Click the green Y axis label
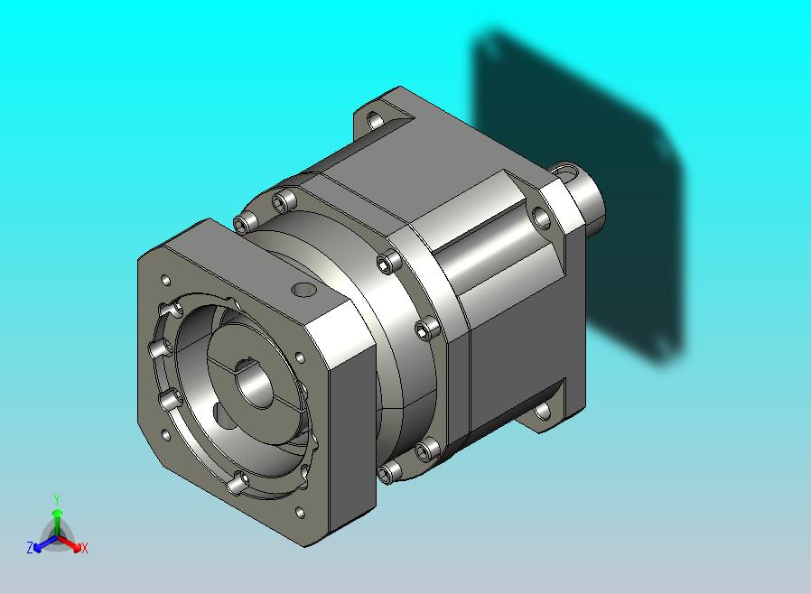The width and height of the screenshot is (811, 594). click(x=57, y=499)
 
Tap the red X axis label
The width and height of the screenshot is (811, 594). click(x=85, y=548)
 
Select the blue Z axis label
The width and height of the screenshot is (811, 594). click(x=30, y=547)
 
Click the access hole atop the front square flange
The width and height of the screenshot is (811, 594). click(x=303, y=290)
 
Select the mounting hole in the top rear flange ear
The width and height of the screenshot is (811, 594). click(x=376, y=121)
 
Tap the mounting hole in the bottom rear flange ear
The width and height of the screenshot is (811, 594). click(x=543, y=412)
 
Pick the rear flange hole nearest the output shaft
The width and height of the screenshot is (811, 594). click(x=541, y=218)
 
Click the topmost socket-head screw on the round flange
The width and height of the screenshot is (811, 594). click(x=285, y=201)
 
